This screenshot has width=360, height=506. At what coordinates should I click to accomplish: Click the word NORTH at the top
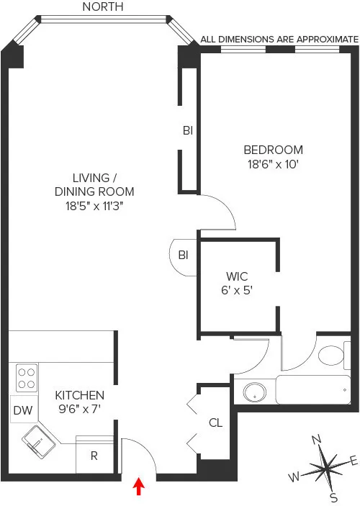[103, 7]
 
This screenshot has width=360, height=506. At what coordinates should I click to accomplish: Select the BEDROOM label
[273, 150]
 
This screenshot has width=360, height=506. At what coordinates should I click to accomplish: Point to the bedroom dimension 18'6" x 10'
[273, 164]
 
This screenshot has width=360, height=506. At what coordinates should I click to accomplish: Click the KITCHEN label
[80, 395]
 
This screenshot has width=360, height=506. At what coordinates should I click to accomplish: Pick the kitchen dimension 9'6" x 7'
[80, 408]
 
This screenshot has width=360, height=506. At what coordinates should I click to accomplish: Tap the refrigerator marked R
[95, 456]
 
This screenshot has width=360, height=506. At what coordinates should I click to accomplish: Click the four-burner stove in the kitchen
[27, 379]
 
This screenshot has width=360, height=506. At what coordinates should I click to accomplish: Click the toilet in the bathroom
[333, 356]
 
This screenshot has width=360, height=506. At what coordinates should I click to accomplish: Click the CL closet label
[215, 423]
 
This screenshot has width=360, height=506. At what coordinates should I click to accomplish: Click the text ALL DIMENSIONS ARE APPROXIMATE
[279, 40]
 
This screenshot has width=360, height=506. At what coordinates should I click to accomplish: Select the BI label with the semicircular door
[184, 255]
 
